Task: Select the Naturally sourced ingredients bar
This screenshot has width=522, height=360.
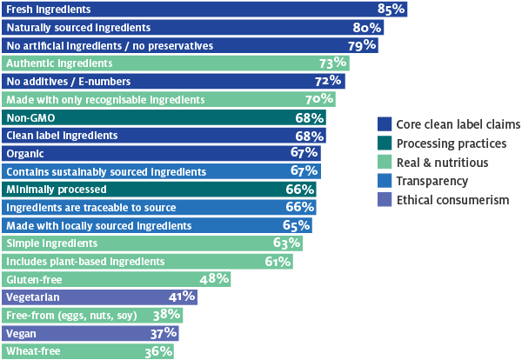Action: (191, 27)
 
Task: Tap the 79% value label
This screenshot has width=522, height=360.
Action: (362, 45)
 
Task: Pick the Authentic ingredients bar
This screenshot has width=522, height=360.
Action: (174, 63)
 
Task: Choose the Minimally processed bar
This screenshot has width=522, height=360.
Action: (157, 189)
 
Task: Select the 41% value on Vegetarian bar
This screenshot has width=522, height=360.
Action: (182, 297)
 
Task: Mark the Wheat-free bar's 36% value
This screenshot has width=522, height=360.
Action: (158, 351)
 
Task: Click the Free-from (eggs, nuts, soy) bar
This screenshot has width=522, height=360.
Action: (91, 315)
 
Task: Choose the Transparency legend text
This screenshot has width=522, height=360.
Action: (432, 181)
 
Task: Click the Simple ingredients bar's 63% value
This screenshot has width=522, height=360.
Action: (286, 243)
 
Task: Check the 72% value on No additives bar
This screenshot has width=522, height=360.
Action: (330, 81)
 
